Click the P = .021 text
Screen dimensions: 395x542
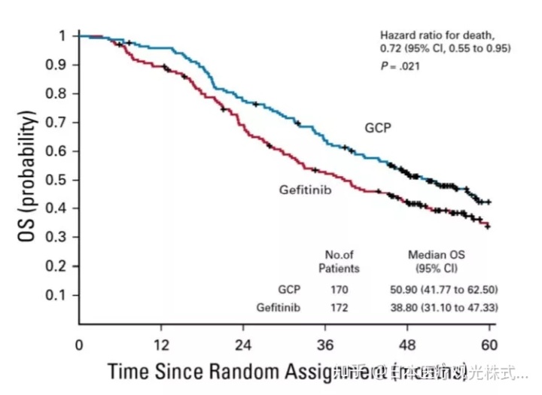[x=400, y=66]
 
